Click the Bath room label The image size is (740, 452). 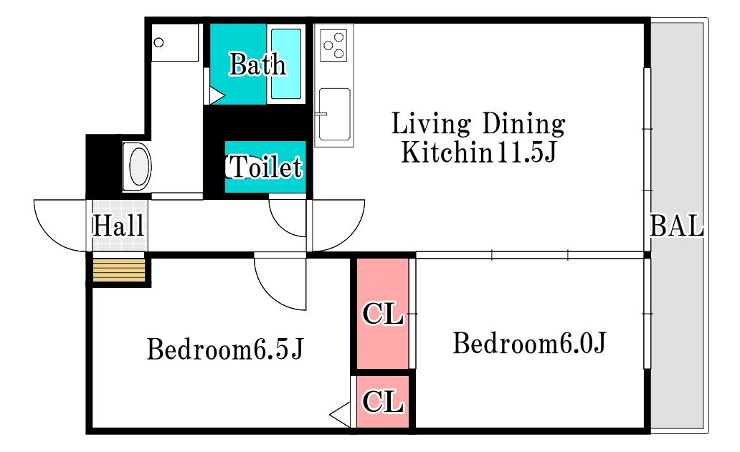[257, 64]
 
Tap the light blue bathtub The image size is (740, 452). [286, 64]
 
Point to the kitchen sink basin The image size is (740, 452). [335, 114]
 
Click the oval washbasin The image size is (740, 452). [139, 167]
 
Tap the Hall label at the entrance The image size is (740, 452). [118, 226]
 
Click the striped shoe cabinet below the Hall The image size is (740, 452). [119, 270]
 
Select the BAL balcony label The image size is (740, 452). [677, 226]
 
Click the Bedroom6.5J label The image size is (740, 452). [225, 350]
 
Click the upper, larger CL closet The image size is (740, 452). [382, 314]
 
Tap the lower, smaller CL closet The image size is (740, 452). [382, 402]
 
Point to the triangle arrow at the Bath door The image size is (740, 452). [217, 96]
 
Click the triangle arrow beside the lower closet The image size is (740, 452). [340, 415]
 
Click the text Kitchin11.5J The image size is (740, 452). [479, 153]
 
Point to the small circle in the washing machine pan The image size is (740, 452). [159, 42]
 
